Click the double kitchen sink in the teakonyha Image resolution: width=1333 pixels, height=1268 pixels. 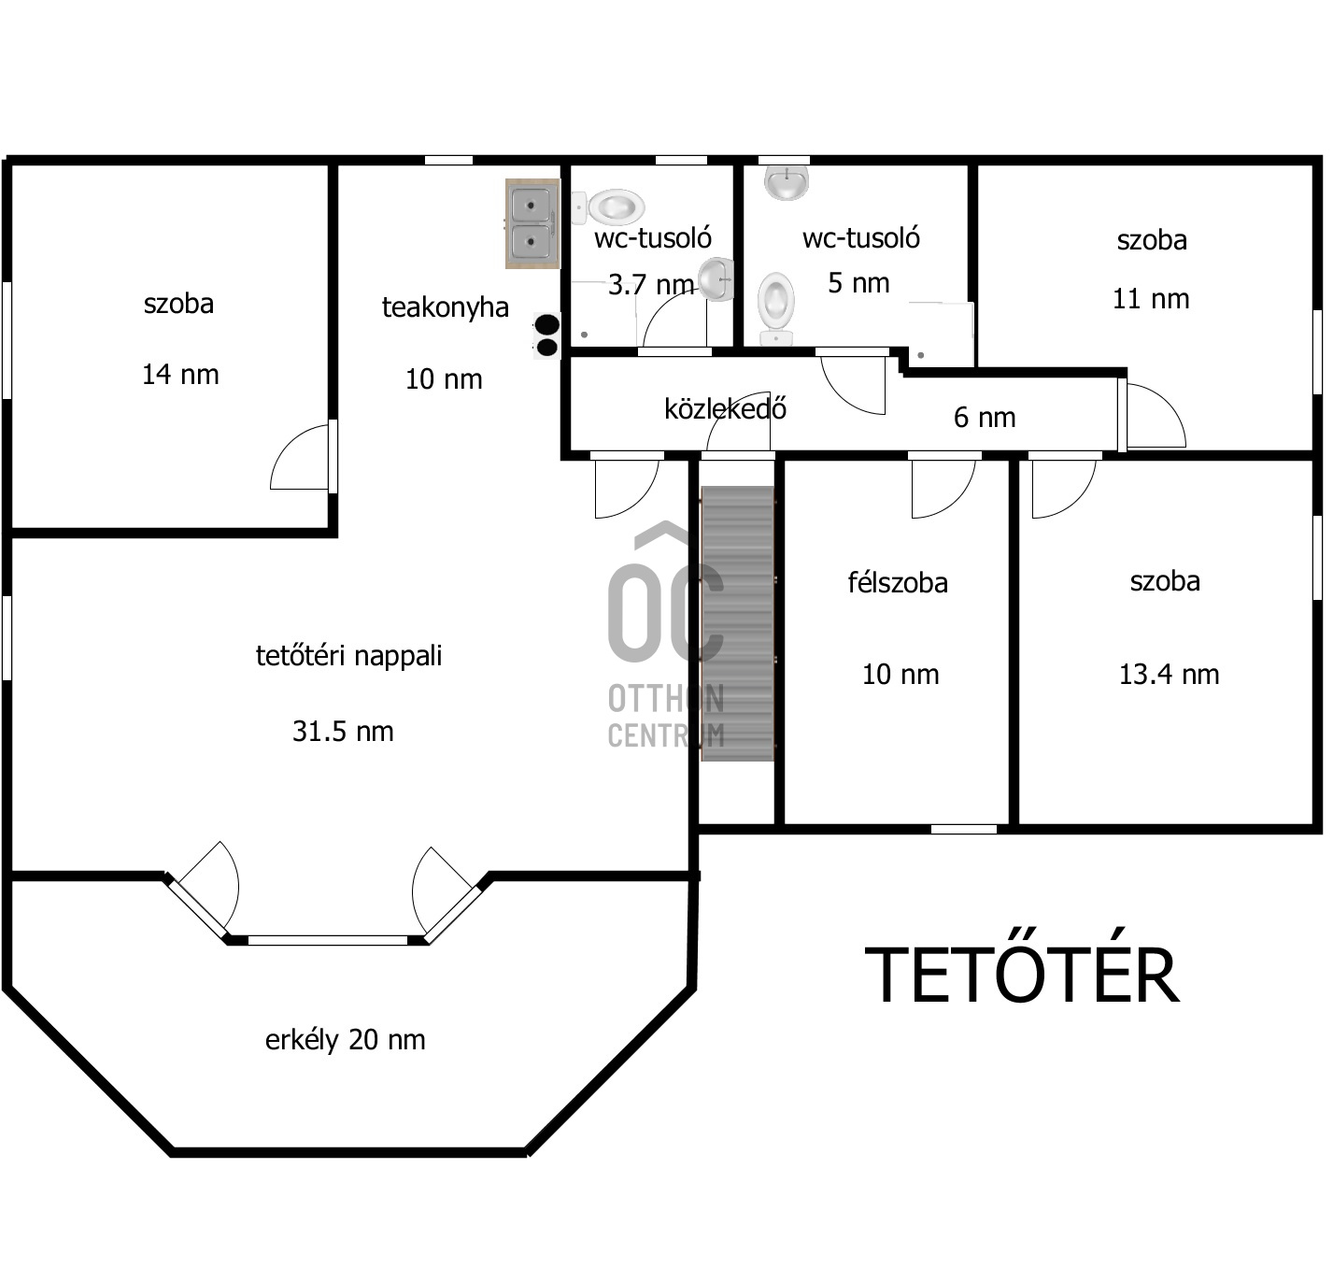click(x=532, y=223)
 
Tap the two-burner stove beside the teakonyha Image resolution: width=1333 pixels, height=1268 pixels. click(x=546, y=335)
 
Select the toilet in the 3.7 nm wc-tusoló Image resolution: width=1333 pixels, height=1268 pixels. click(x=608, y=207)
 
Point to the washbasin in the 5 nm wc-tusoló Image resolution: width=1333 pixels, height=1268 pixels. click(x=787, y=182)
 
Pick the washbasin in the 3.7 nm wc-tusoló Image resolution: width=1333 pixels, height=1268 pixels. click(x=716, y=278)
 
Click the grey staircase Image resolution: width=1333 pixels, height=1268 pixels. click(x=738, y=623)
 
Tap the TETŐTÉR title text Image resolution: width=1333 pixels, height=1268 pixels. click(x=1021, y=975)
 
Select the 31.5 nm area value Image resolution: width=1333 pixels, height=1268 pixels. click(x=343, y=732)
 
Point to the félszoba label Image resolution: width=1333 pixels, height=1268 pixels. click(x=898, y=583)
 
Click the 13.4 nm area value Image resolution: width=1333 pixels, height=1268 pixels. click(x=1169, y=675)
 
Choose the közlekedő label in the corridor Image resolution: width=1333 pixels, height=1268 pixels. click(x=726, y=409)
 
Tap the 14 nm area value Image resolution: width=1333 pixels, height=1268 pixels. click(x=180, y=375)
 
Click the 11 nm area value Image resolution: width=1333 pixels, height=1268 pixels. click(x=1151, y=299)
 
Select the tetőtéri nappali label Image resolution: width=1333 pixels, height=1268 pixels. click(x=348, y=656)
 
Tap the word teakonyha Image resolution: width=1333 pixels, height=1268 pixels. click(x=446, y=307)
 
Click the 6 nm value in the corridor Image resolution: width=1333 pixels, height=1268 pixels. click(x=985, y=418)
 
